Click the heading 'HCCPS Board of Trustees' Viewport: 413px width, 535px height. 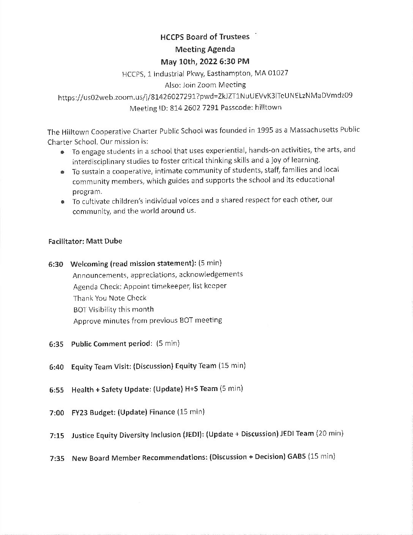pos(205,37)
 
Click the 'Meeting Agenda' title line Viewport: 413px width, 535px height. pos(205,49)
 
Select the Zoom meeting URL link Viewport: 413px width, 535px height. pos(205,96)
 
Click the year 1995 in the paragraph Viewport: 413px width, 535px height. pos(267,130)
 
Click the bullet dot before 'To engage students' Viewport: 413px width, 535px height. pos(62,152)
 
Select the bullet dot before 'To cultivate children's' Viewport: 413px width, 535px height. pos(62,202)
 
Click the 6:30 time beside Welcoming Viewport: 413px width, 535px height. pos(56,264)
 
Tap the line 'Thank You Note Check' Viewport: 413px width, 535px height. pos(110,298)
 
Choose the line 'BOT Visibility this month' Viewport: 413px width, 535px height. pos(113,309)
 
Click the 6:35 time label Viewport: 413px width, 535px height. pos(56,345)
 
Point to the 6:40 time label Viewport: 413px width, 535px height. pos(56,367)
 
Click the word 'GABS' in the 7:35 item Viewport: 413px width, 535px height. pos(296,457)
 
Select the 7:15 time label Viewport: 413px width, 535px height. pos(57,436)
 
